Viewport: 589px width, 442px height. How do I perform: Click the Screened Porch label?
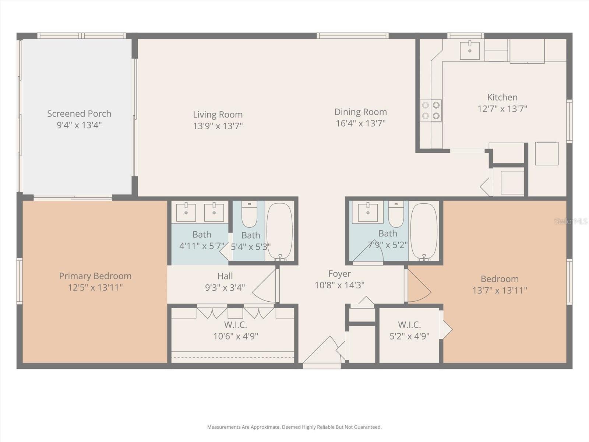[79, 113]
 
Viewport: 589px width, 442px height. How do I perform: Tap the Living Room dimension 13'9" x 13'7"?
[218, 126]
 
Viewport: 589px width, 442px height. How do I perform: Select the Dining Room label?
[360, 112]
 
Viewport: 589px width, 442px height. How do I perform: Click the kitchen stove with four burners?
[431, 110]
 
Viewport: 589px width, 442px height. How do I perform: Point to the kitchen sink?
[470, 51]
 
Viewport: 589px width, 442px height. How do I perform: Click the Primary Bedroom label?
[95, 276]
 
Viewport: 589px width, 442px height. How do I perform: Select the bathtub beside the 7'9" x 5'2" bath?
[424, 231]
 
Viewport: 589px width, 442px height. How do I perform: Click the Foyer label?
[339, 274]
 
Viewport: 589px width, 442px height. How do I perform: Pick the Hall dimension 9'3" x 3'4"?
[225, 288]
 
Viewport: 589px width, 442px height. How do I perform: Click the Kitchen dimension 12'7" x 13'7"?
[502, 109]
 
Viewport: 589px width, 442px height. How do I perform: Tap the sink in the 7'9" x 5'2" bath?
[368, 213]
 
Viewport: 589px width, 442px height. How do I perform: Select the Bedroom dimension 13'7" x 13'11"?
[500, 291]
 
